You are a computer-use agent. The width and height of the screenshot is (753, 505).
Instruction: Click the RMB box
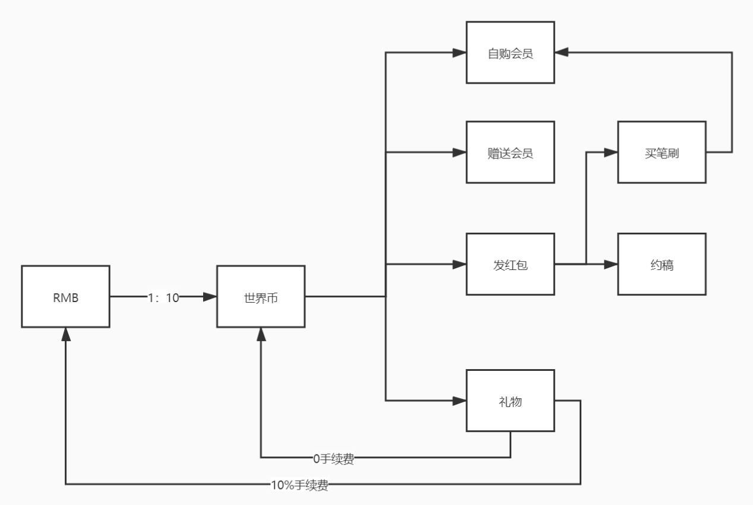coord(65,297)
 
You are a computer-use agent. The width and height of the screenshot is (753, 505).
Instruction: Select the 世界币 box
coord(261,297)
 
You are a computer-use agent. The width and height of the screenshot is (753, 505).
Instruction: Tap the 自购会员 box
coord(510,53)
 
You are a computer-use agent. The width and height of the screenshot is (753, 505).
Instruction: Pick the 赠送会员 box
coord(510,153)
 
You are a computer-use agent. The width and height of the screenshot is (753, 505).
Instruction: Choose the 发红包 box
coord(510,264)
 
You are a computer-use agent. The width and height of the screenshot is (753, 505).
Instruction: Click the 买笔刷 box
coord(662,153)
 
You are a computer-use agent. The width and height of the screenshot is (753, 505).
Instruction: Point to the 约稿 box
coord(662,264)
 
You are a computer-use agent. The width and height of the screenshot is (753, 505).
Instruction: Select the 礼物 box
coord(510,401)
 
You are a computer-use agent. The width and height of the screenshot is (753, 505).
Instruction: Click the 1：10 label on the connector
coord(163,297)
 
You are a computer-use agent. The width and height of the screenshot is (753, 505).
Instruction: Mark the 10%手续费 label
coord(299,485)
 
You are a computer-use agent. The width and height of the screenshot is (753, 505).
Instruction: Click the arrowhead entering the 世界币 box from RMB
coord(210,297)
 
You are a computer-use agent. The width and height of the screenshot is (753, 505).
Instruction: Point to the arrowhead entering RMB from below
coord(65,334)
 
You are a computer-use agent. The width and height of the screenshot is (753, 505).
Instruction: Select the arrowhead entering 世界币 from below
coord(261,334)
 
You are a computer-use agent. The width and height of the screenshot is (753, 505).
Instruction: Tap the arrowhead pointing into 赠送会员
coord(459,153)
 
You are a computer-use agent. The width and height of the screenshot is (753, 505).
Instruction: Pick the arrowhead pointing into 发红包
coord(459,264)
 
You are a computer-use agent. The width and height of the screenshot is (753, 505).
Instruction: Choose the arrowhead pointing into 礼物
coord(459,401)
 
